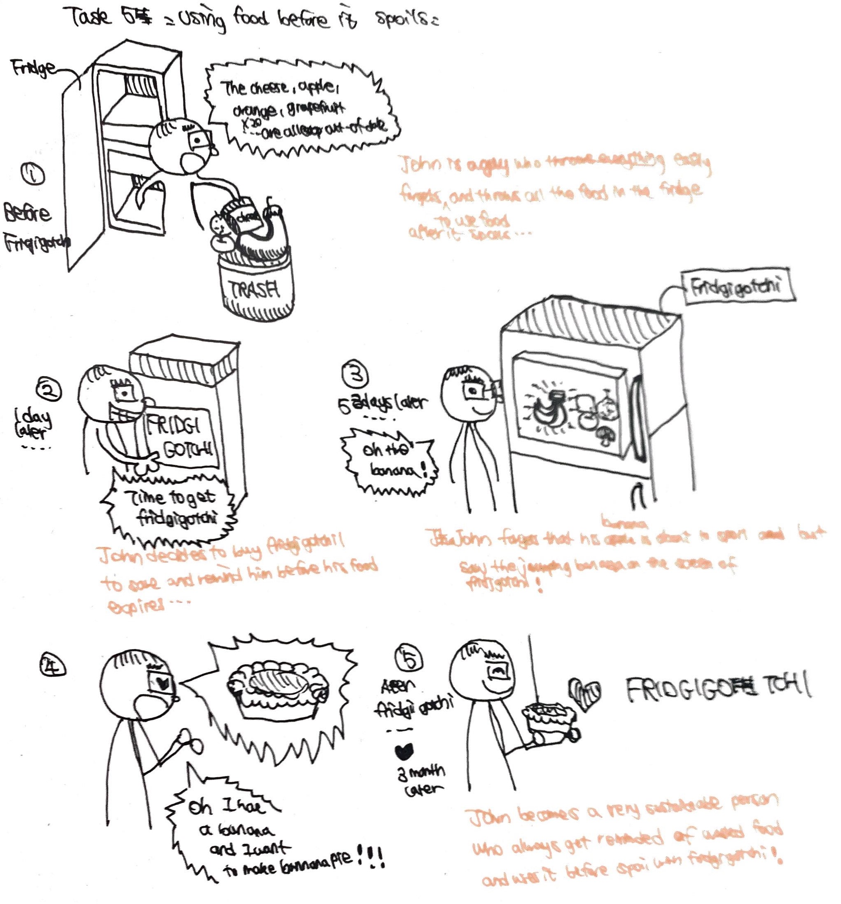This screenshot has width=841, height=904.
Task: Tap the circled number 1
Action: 33,174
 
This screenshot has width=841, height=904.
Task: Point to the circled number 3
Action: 355,374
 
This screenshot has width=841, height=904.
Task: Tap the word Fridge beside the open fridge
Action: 33,68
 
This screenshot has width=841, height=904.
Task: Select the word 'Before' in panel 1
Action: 27,213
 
